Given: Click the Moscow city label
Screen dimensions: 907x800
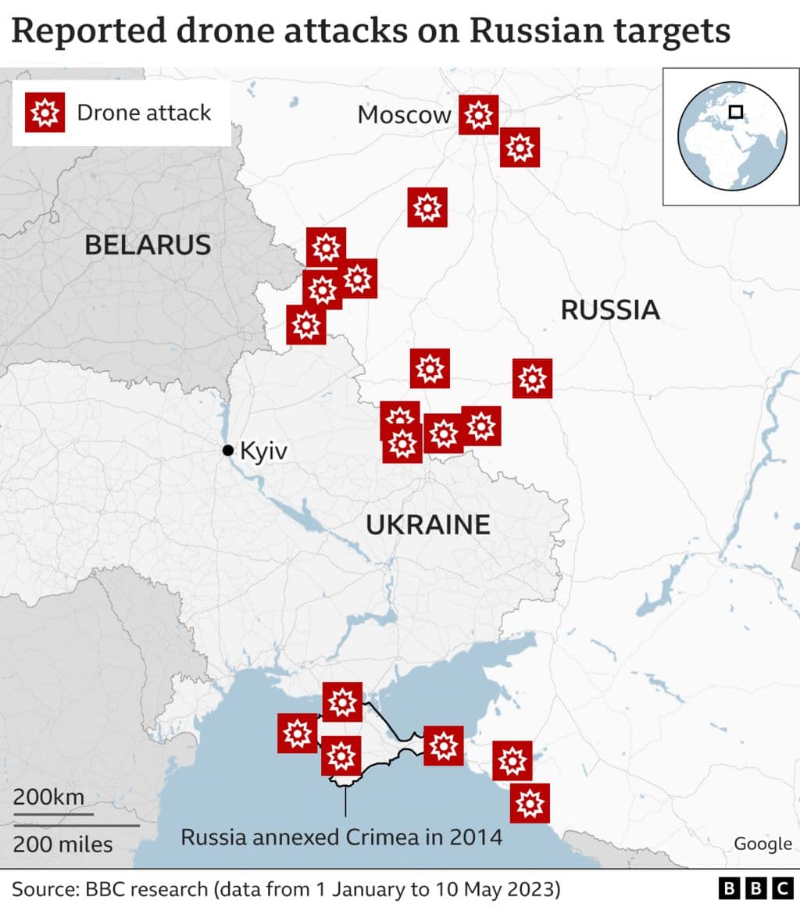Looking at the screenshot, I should [404, 115].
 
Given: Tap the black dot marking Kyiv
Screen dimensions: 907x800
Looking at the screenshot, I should [228, 450].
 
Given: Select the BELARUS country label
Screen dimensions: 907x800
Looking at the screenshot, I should [148, 245].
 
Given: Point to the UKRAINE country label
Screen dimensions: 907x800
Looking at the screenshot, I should [428, 524].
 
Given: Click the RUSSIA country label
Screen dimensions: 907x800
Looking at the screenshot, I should [610, 310].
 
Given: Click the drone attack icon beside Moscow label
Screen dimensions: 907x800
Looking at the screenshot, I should [478, 115].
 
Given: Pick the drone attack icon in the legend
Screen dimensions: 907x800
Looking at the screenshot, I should [44, 113].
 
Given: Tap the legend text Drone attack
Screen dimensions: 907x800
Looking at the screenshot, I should [144, 112].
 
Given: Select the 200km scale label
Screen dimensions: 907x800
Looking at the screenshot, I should [48, 798].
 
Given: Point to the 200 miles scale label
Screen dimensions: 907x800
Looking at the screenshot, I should [62, 844].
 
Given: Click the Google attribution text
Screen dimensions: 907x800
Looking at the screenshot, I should [762, 843].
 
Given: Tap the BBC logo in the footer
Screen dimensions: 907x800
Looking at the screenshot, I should [755, 888].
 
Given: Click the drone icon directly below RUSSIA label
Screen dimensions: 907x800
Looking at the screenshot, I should [533, 379].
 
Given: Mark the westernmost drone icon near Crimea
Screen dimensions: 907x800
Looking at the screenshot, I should [298, 734].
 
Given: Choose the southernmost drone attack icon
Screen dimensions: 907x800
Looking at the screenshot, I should [530, 803].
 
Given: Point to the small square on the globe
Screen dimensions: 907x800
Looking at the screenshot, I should [735, 112].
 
